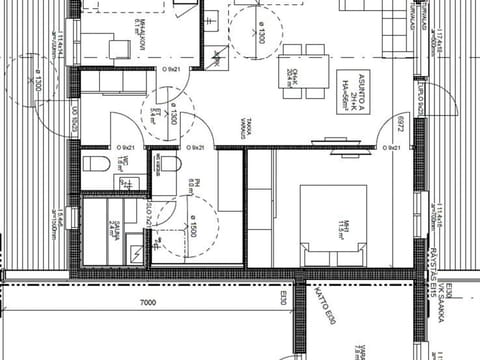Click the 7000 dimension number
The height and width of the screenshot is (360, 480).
[148, 302]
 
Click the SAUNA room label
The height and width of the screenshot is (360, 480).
[115, 232]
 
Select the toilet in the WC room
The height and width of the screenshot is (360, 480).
[93, 163]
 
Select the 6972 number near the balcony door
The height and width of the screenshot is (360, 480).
[401, 126]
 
